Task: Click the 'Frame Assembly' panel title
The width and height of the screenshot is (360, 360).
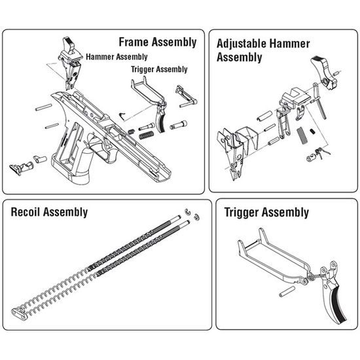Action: point(158,43)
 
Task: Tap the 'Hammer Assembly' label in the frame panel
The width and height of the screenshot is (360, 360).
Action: point(117,57)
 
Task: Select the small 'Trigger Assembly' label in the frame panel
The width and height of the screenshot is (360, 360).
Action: point(159,69)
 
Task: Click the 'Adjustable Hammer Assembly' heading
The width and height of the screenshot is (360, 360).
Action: point(263,50)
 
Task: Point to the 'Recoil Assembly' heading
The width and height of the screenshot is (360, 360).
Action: point(49,212)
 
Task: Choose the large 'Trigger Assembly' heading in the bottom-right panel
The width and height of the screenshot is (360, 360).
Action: point(266,212)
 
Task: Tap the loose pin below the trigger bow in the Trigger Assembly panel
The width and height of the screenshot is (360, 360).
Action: point(287,291)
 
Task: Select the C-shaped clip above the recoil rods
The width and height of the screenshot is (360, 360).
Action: point(188,212)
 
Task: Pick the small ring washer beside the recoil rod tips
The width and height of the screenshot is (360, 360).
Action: point(196,217)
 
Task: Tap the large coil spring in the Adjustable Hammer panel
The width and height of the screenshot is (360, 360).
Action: point(301,136)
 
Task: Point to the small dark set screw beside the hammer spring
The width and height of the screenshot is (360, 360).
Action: point(312,132)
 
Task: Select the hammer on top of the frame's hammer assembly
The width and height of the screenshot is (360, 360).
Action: point(68,45)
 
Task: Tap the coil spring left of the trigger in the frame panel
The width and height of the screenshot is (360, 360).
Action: point(146,135)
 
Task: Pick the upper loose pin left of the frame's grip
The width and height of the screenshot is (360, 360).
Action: point(43,107)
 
